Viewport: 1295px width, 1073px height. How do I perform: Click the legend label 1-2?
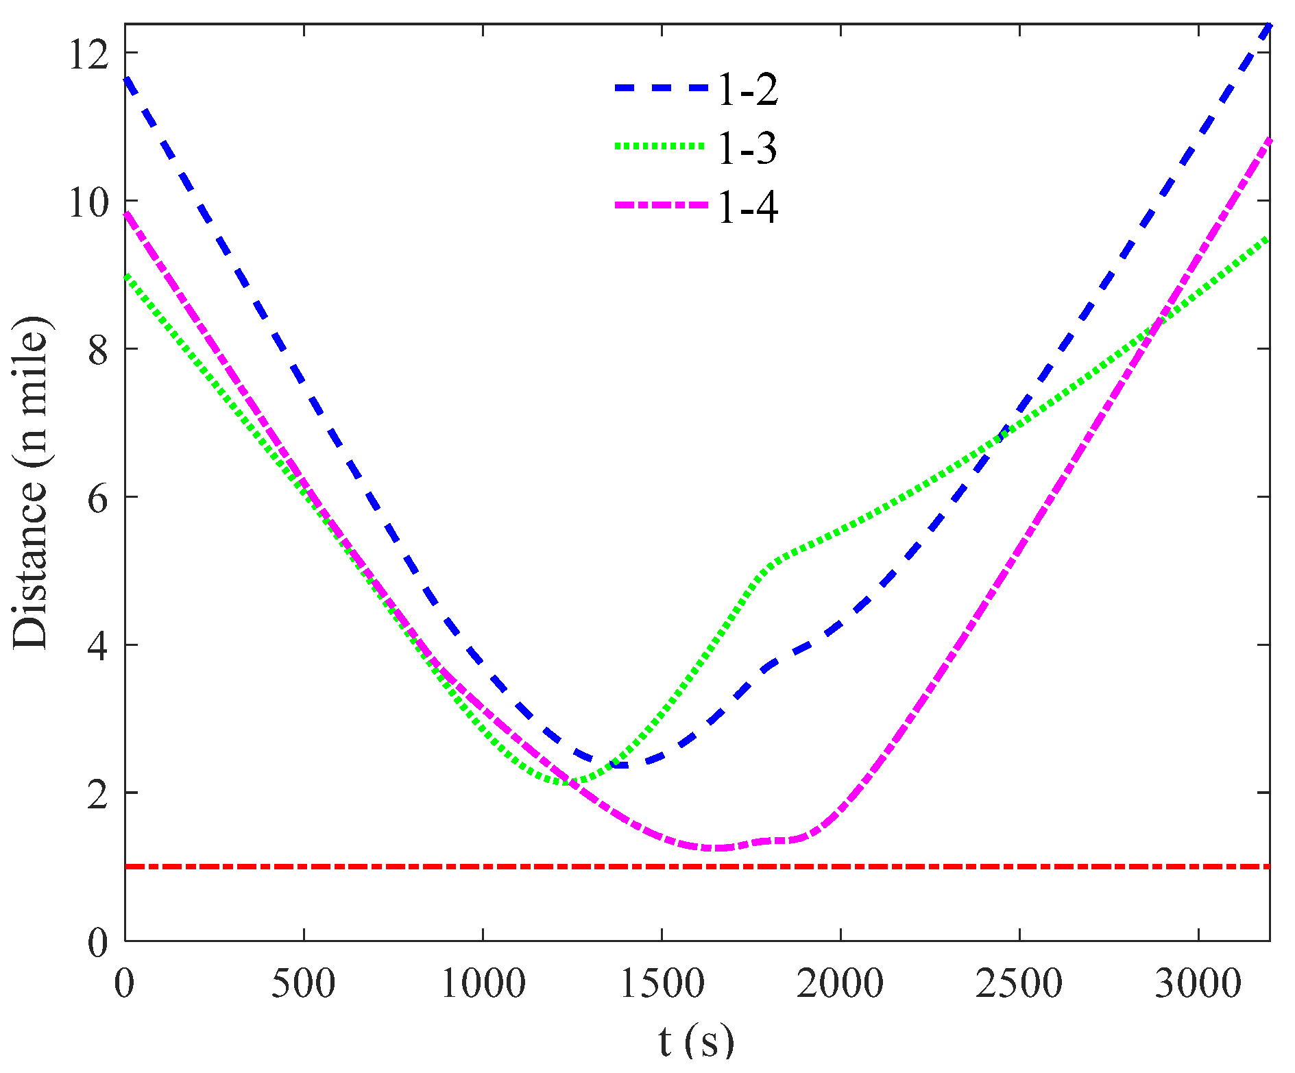[748, 90]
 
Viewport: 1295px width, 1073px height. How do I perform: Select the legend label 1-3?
[748, 148]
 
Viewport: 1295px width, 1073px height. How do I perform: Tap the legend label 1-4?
[748, 206]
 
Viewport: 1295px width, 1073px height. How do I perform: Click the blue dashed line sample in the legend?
[660, 88]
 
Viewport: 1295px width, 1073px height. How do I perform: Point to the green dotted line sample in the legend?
[660, 146]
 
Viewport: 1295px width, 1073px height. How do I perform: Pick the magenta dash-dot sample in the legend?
[660, 204]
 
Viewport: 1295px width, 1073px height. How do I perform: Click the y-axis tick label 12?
[88, 53]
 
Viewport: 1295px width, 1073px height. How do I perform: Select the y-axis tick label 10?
[88, 202]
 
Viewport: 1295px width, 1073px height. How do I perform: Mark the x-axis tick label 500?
[304, 983]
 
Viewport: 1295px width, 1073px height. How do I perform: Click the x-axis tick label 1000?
[483, 983]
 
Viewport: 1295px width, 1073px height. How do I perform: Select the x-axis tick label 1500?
[662, 983]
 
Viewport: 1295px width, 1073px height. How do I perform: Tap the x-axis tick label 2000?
[840, 983]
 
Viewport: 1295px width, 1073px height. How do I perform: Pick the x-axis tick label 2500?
[1019, 983]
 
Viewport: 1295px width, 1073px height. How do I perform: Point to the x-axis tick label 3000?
[1198, 983]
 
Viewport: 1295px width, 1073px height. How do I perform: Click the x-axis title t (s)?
[696, 1041]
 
